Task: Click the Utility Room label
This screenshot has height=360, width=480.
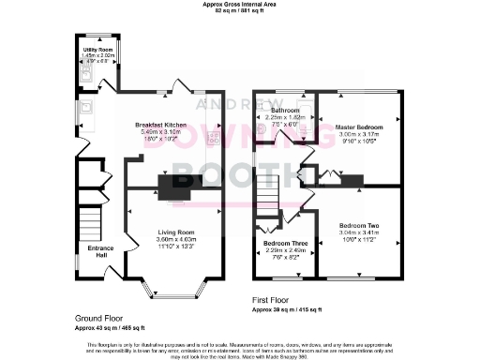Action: click(x=97, y=49)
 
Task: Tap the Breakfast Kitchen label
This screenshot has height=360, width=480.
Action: click(x=160, y=125)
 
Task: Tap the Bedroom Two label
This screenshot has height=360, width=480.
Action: click(x=359, y=227)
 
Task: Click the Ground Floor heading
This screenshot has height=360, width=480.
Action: click(x=99, y=318)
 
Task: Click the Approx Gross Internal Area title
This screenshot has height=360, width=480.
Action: click(x=240, y=5)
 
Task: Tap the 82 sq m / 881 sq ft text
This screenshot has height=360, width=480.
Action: click(x=240, y=11)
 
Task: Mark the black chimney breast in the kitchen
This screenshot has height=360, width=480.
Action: click(x=175, y=189)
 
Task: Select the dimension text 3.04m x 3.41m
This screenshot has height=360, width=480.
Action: click(x=359, y=233)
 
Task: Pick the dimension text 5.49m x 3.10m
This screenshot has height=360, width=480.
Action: click(x=160, y=131)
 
